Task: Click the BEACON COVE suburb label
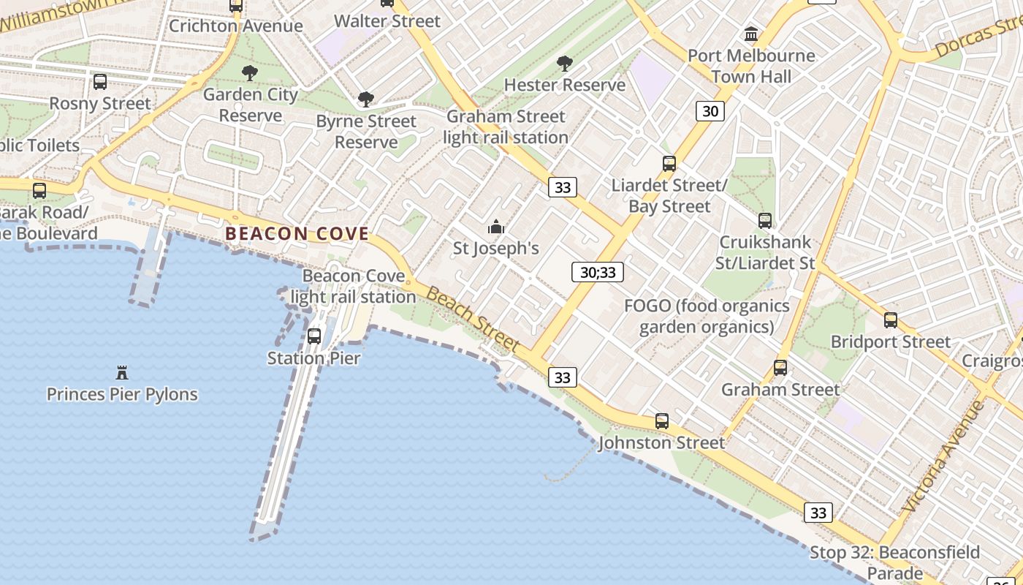297,234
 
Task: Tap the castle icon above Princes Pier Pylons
122,374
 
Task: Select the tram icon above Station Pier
314,336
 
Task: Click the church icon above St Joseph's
496,227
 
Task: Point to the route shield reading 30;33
598,273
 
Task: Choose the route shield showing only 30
710,111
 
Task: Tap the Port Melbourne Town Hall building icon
751,34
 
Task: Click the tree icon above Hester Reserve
564,64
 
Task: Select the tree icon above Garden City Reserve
250,73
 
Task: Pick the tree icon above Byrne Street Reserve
365,99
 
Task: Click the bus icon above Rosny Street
100,82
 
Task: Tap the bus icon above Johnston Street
661,421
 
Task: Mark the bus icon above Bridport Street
890,320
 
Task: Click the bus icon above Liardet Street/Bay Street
669,164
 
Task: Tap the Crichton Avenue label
235,26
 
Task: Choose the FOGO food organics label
707,316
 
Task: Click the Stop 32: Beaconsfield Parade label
894,562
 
